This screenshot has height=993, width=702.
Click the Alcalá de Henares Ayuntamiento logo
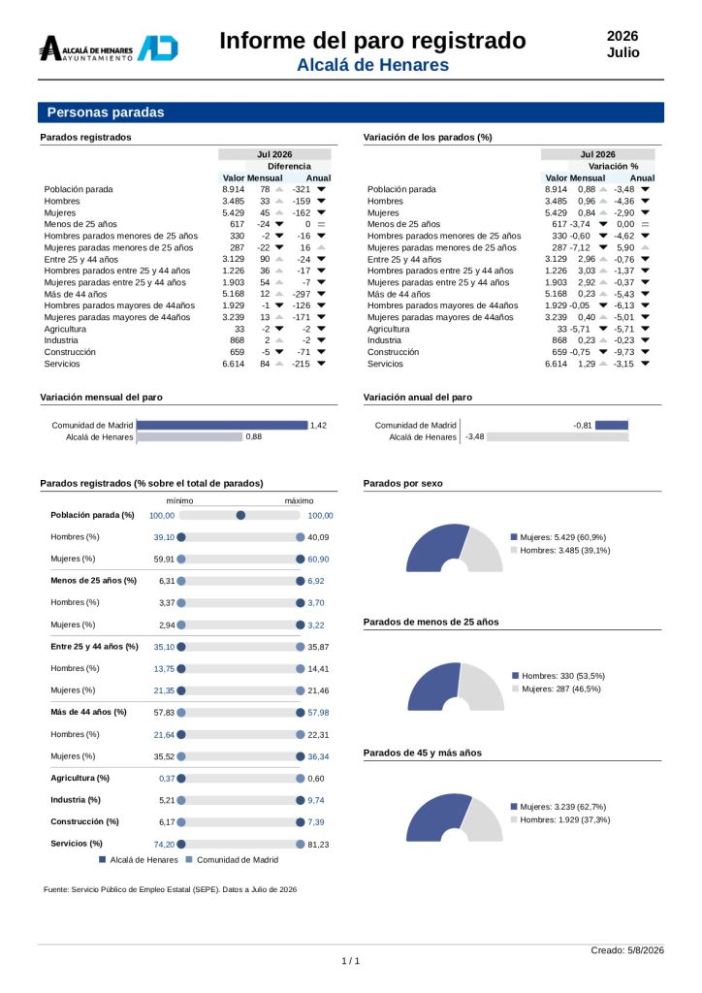point(109,48)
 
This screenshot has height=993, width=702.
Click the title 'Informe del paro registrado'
point(372,41)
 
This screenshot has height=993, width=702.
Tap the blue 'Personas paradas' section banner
point(351,112)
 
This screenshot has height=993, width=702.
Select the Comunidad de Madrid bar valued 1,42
point(222,425)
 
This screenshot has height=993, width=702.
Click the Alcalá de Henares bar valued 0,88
point(190,436)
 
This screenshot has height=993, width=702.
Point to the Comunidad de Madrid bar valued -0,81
point(612,425)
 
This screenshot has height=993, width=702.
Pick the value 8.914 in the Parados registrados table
point(233,189)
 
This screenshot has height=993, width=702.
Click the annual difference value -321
point(302,189)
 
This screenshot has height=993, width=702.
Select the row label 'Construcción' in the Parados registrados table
point(70,352)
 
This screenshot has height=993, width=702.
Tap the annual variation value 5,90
point(625,247)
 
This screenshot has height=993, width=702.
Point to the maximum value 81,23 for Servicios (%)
point(318,845)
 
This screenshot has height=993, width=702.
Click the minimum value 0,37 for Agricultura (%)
point(167,779)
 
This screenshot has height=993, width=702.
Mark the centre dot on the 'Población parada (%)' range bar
point(240,516)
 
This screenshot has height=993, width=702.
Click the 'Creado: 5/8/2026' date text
point(627,950)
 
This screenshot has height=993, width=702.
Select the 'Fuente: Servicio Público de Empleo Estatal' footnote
point(171,889)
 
